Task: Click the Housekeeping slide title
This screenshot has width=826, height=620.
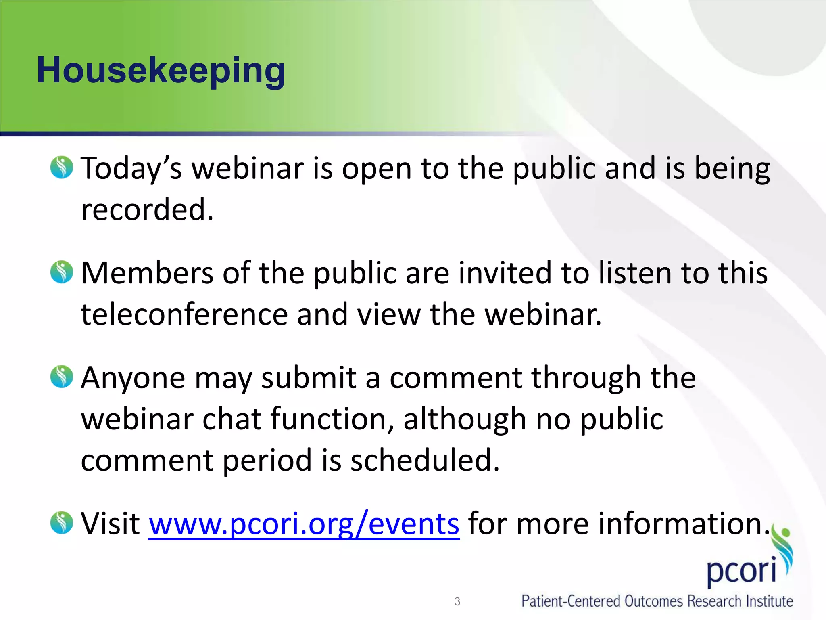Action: [x=161, y=71]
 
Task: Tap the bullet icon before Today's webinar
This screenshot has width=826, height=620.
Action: [x=62, y=168]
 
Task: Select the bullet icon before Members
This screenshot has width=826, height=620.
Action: [x=62, y=272]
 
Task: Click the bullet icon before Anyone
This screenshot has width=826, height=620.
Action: [x=62, y=377]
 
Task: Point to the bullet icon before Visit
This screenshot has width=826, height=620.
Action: [x=62, y=523]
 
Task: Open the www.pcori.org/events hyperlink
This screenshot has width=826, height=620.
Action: [x=304, y=524]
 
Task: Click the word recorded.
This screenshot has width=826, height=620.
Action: [x=147, y=210]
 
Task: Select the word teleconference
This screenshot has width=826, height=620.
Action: [x=184, y=314]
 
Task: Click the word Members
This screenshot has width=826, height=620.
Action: [x=147, y=273]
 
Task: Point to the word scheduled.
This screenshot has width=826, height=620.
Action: [x=425, y=461]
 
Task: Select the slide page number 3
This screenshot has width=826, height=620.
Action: [x=457, y=601]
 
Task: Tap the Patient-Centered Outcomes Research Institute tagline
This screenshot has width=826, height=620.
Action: [x=657, y=601]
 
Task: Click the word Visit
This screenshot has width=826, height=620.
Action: [x=110, y=524]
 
